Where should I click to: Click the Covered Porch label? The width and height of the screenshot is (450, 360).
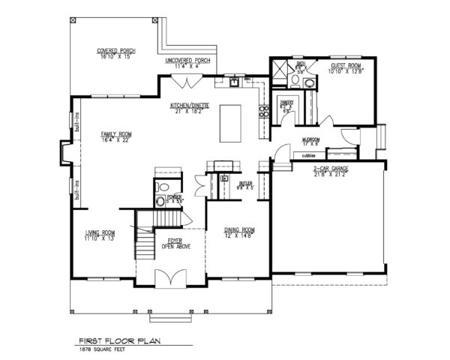click(x=115, y=54)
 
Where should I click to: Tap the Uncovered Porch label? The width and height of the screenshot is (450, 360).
click(x=187, y=63)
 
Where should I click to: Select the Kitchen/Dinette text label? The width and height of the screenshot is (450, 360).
click(x=190, y=108)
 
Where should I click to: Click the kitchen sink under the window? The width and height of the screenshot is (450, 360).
click(x=235, y=81)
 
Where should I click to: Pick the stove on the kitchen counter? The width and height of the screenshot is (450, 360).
click(x=263, y=113)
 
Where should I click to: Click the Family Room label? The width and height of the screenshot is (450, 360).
click(x=116, y=136)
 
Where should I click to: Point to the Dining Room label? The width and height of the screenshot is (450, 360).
click(x=241, y=232)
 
